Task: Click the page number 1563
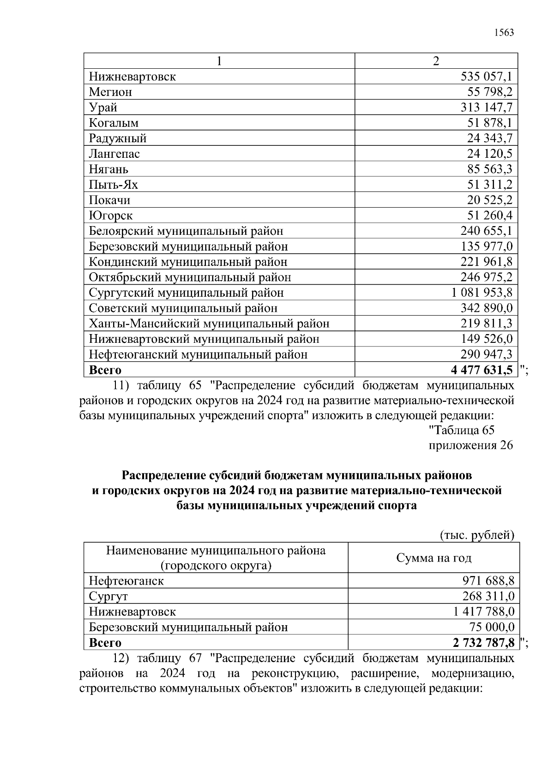coord(504,33)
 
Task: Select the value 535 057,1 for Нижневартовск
coord(487,77)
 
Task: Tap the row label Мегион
coord(110,92)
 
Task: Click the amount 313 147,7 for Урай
coord(487,108)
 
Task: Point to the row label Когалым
coord(114,123)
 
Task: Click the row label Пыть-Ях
coord(113,185)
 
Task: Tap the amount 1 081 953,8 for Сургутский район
coord(482,293)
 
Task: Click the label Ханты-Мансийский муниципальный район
coord(209,323)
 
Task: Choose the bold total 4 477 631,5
coord(482,370)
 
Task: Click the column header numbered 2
coord(436,61)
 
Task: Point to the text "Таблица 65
coord(462,430)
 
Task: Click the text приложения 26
coord(471,445)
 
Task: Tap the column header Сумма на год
coord(434,558)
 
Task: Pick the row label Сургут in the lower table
coord(108,596)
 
